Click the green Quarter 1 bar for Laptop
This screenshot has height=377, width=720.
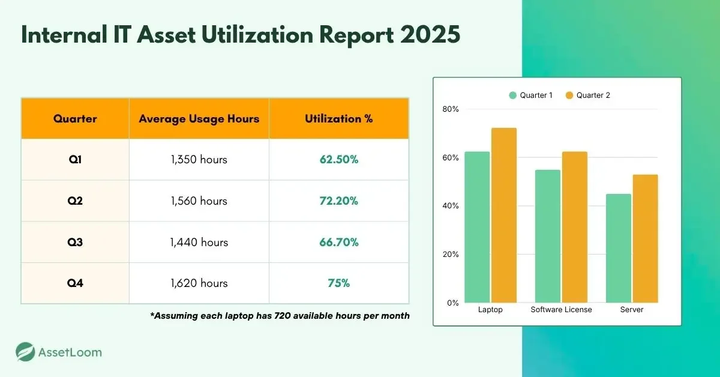(x=477, y=228)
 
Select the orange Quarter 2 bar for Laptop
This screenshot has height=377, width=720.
(x=503, y=216)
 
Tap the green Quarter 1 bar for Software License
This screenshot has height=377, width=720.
(x=547, y=237)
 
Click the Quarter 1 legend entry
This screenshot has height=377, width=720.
(x=531, y=95)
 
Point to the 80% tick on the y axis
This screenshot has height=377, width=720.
(x=451, y=109)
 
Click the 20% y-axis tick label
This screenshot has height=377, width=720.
(x=451, y=255)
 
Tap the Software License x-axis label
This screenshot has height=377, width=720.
(x=561, y=310)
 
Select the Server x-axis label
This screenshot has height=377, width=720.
(x=632, y=310)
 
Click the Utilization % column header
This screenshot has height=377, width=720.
(x=338, y=119)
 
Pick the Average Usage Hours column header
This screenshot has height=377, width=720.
(x=199, y=119)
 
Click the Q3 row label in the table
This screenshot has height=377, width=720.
(x=75, y=243)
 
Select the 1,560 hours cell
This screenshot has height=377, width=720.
(x=199, y=201)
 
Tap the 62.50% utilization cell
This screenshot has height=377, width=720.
(x=338, y=160)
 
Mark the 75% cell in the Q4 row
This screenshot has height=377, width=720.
(x=338, y=283)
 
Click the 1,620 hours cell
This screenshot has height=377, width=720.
(x=199, y=283)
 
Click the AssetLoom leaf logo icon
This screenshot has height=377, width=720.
(x=25, y=352)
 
